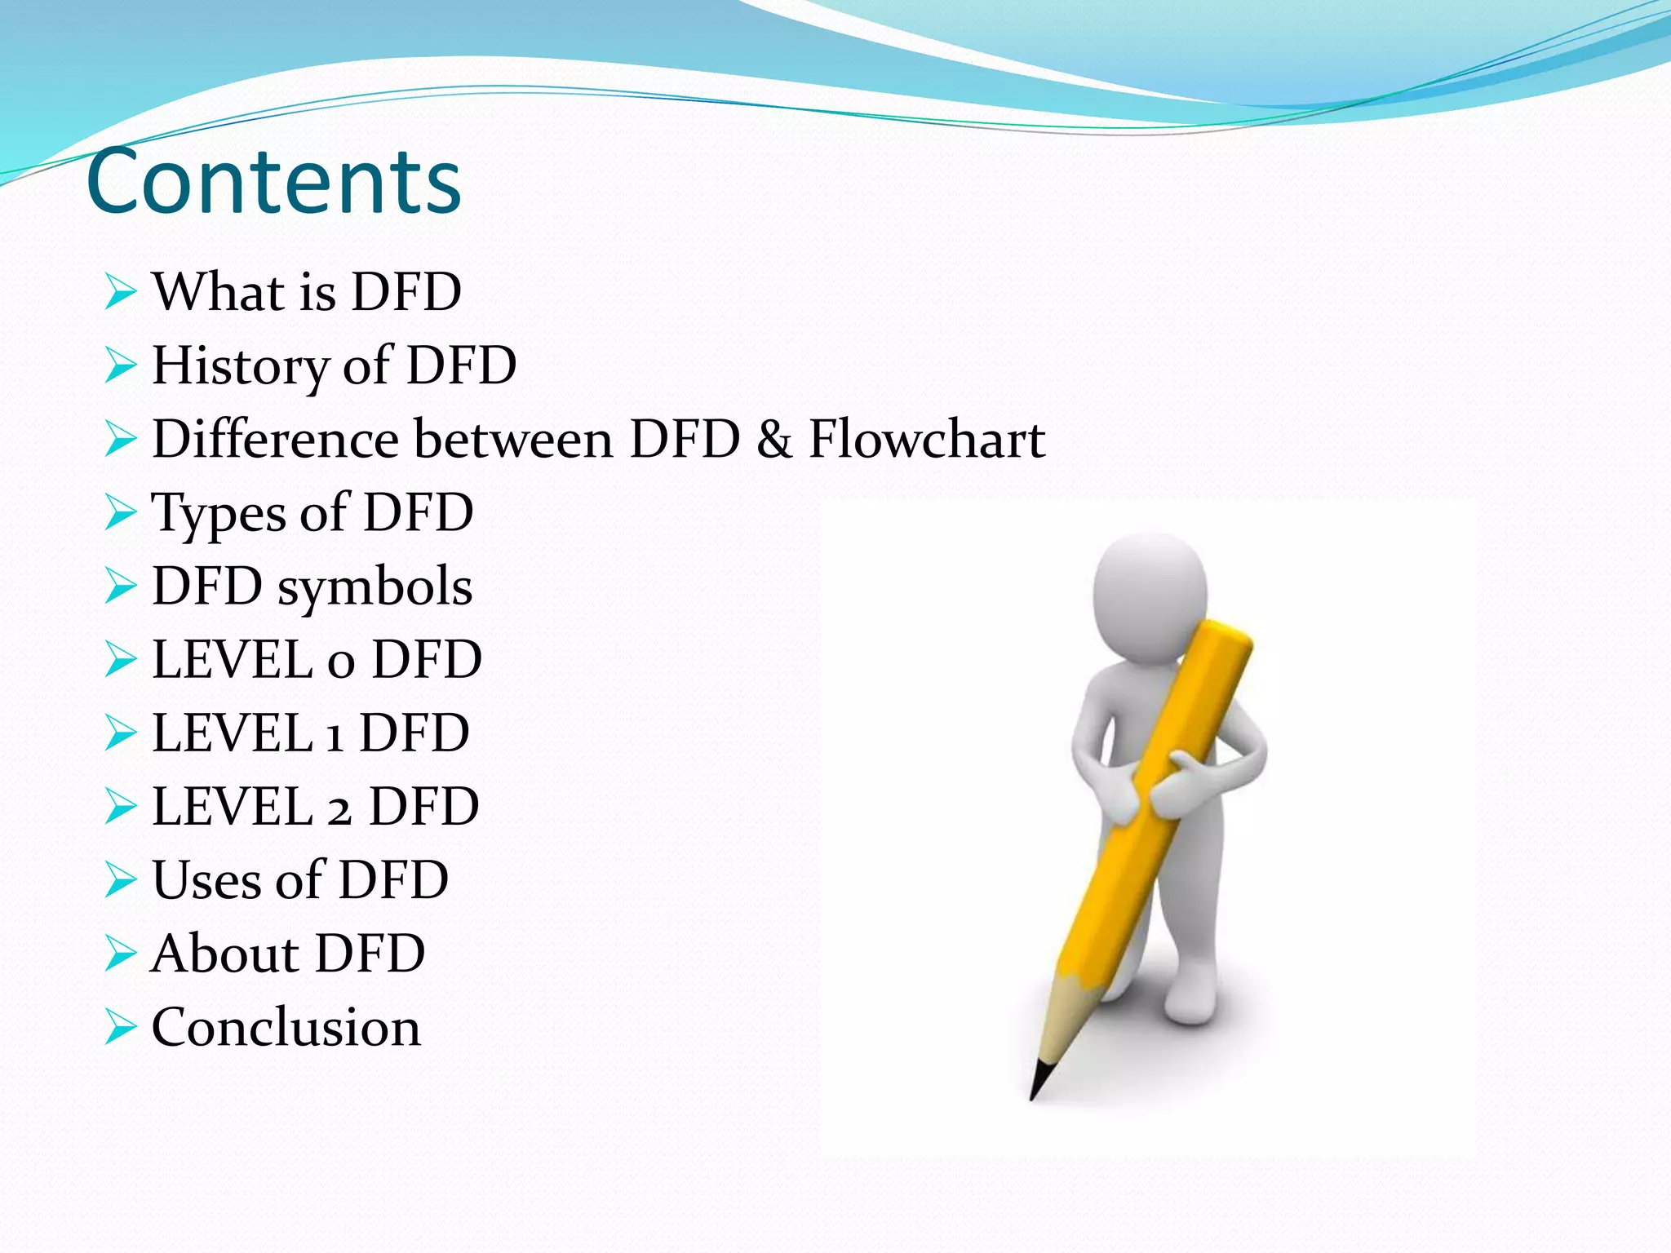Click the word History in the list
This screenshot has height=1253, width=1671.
click(239, 365)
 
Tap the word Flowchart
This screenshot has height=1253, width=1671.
click(926, 439)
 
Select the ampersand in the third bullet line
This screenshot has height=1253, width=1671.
click(773, 439)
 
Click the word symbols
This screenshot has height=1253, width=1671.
click(375, 587)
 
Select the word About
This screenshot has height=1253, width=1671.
click(224, 953)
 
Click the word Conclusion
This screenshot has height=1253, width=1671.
click(286, 1027)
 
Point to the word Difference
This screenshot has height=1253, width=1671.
click(275, 439)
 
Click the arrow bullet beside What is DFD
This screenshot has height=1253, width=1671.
click(120, 292)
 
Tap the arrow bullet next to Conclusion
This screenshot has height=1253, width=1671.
click(120, 1027)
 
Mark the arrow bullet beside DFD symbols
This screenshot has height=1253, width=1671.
click(120, 587)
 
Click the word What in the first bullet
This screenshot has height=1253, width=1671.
click(217, 291)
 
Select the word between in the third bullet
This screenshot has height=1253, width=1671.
click(513, 439)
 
